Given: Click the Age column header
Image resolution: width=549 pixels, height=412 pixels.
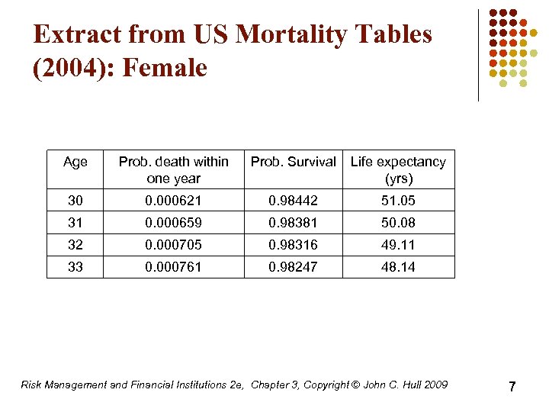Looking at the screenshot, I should point(75,162).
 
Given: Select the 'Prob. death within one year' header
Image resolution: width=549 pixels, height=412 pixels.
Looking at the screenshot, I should point(173,169).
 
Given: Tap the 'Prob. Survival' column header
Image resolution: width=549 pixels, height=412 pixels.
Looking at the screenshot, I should point(293,162).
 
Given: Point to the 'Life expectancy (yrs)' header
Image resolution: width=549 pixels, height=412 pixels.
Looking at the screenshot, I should point(398,169).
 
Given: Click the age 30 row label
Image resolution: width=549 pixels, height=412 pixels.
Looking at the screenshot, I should point(75,201).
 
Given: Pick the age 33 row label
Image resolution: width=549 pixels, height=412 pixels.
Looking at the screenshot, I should point(75,267).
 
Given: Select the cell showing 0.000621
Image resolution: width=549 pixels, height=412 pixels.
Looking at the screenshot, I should point(173,201).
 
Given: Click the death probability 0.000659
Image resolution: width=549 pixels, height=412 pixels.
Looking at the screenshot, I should point(173,223).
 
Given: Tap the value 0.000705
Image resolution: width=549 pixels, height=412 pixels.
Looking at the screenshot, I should point(173,245).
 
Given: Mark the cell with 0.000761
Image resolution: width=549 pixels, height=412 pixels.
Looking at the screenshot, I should point(173,267).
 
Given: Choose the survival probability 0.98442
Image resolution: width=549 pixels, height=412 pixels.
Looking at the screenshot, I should point(293,201).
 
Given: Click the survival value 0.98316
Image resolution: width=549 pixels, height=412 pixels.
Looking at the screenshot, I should point(293,245).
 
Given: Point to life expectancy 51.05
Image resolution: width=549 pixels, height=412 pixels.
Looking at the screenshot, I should point(398,201).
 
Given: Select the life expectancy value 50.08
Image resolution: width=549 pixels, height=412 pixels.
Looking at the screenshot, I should point(398,223).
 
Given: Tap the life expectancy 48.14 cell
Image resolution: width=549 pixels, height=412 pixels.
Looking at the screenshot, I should point(398,267).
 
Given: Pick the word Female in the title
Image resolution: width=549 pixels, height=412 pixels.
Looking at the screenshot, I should point(165,68).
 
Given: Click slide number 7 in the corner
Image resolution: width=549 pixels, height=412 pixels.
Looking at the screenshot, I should point(512,387).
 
